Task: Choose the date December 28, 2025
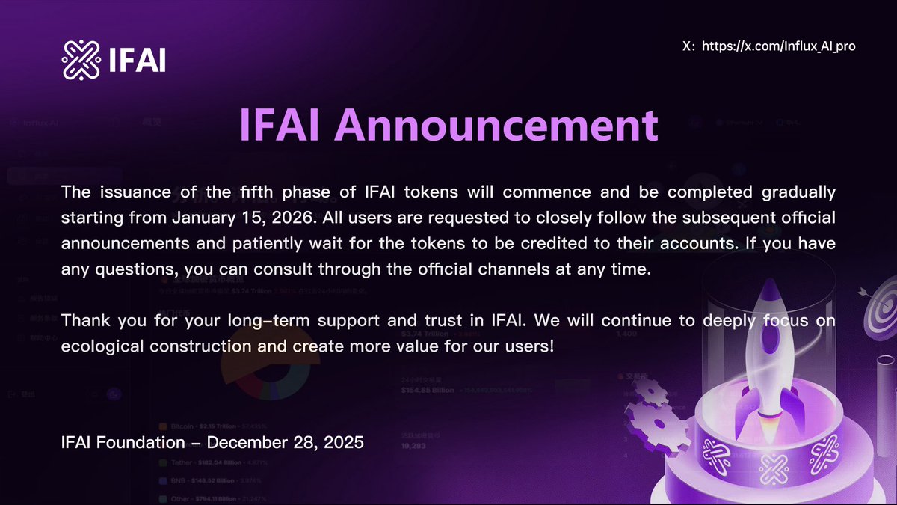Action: tap(285, 442)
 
